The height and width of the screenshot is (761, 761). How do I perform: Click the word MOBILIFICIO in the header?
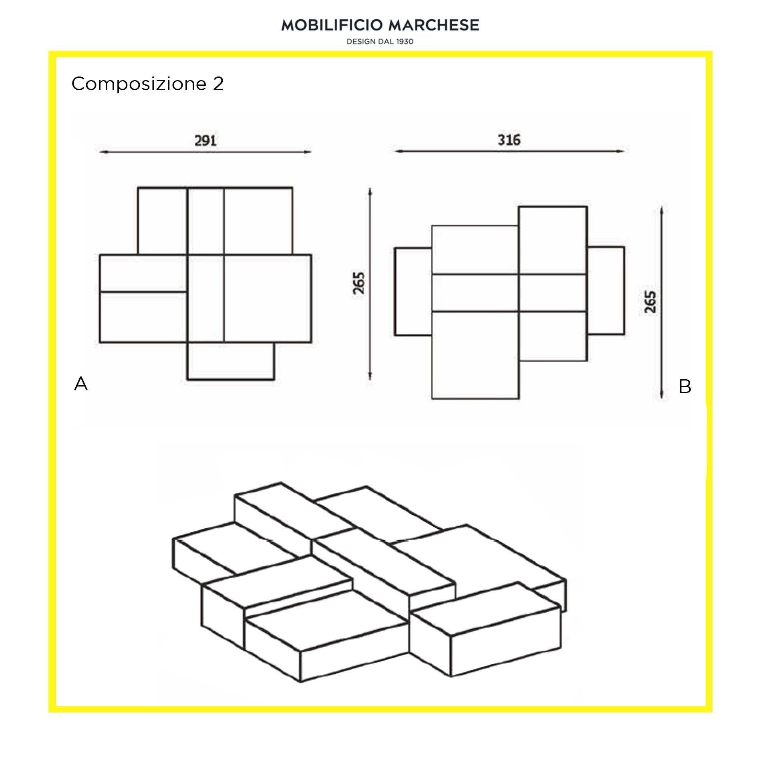tap(332, 25)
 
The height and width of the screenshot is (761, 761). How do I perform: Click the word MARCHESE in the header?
tap(434, 25)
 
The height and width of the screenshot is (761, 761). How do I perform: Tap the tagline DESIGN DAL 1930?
tap(380, 42)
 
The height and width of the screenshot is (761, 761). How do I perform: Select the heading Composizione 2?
tap(147, 84)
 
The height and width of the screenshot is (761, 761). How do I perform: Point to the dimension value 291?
tap(205, 141)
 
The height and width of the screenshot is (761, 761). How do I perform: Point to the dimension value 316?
tap(509, 140)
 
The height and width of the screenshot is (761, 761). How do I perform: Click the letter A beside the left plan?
tap(81, 384)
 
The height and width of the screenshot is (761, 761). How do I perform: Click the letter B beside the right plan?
tap(685, 387)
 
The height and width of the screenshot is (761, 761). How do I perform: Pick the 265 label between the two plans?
tap(359, 283)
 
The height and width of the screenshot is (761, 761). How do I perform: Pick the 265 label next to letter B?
tap(650, 302)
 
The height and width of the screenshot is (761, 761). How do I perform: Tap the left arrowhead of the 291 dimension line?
tap(103, 152)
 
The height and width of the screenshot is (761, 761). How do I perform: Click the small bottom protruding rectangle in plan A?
tap(231, 361)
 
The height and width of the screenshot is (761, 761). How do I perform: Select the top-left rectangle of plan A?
tap(163, 221)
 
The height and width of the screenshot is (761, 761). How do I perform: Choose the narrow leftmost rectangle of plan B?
tap(413, 291)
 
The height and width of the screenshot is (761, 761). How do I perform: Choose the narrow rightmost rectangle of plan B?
tap(606, 290)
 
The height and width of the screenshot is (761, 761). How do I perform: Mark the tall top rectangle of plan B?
tap(553, 240)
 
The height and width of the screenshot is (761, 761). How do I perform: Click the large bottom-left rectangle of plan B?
tap(475, 355)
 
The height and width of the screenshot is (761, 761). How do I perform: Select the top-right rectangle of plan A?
tap(258, 221)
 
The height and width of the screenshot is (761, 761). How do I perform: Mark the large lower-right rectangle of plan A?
tap(268, 298)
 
